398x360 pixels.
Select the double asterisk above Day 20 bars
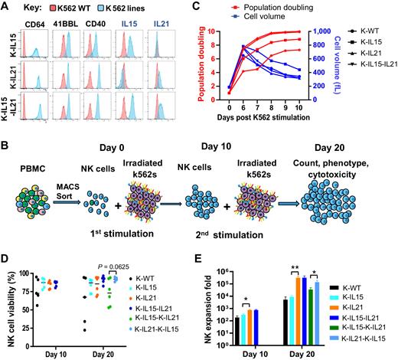[296, 267]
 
